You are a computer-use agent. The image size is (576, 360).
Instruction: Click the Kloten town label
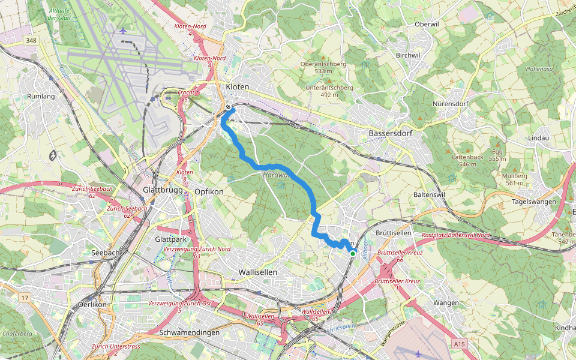[237, 87]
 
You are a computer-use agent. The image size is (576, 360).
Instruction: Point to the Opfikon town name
[209, 191]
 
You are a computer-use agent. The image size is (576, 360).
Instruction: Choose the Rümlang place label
[41, 97]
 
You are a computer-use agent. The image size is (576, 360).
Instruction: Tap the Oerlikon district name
[92, 304]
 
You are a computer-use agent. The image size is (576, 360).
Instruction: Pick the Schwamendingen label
[190, 332]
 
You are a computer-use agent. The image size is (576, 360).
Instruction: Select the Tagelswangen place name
[534, 202]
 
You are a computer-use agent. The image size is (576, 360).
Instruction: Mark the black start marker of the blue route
[229, 107]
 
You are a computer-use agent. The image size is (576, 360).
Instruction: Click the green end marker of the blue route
[352, 254]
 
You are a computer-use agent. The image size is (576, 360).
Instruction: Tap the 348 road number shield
[31, 40]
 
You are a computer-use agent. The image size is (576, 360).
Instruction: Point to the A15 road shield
[460, 344]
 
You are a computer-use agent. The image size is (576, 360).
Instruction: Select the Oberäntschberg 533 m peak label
[323, 67]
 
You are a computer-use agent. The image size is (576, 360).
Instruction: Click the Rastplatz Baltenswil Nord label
[456, 235]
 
